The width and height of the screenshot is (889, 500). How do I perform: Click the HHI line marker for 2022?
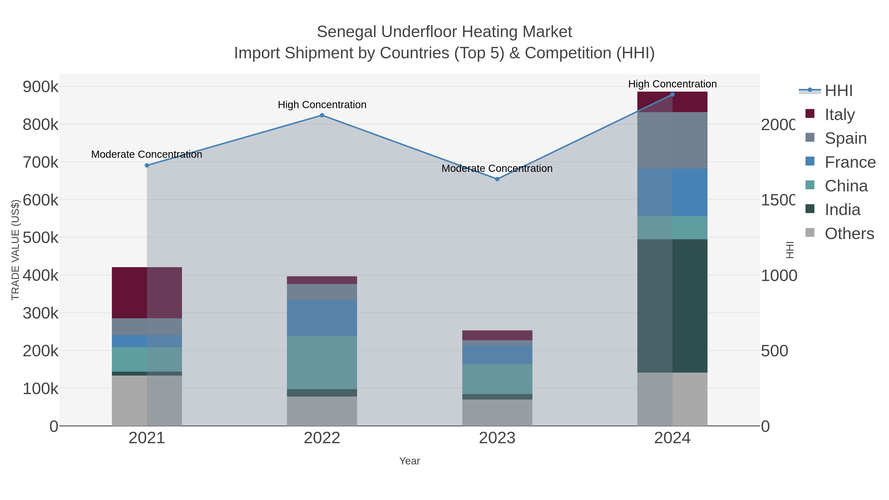click(322, 115)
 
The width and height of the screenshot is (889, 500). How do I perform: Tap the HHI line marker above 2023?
click(497, 179)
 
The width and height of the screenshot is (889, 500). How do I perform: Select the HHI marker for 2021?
click(147, 165)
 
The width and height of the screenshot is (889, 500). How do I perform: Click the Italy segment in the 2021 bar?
click(147, 293)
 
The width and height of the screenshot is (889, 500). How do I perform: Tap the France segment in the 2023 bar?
click(497, 354)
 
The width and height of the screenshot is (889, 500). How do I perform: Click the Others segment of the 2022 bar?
click(322, 411)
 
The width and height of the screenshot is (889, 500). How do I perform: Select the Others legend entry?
click(849, 234)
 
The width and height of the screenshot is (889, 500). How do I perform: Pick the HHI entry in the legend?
click(839, 91)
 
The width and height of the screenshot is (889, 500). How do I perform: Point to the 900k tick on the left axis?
click(40, 87)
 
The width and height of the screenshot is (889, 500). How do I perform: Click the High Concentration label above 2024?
click(672, 84)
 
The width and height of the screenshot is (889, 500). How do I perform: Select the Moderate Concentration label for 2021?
click(147, 154)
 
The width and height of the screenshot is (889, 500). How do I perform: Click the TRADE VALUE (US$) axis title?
click(16, 250)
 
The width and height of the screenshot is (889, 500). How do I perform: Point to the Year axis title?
click(410, 461)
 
